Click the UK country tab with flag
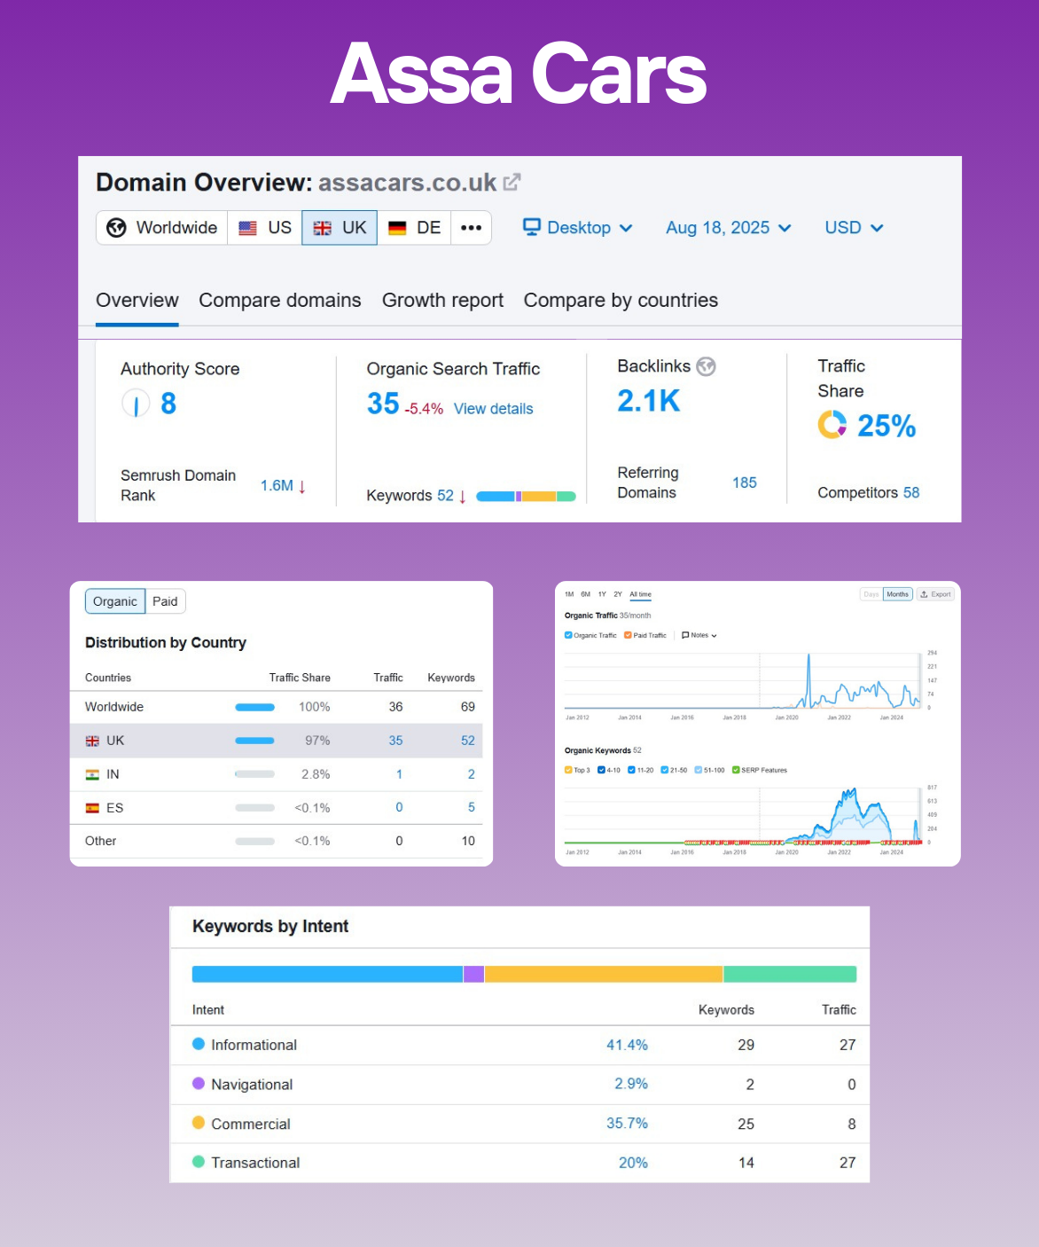[x=340, y=228]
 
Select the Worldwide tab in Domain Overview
[x=162, y=228]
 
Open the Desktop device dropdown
[x=577, y=228]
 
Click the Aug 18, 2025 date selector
[x=728, y=228]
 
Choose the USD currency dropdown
[x=853, y=228]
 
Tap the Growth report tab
[x=442, y=301]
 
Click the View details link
[x=493, y=409]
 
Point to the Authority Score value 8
[x=168, y=404]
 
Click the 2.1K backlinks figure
[x=648, y=402]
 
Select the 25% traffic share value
[x=886, y=427]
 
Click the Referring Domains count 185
[x=744, y=482]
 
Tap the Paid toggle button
[x=165, y=601]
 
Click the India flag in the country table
[x=92, y=774]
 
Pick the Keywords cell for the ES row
[x=471, y=808]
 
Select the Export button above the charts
[x=935, y=594]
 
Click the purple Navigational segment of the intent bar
[x=473, y=974]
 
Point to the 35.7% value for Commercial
[x=627, y=1124]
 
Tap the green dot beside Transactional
[x=199, y=1162]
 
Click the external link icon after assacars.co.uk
[x=512, y=182]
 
